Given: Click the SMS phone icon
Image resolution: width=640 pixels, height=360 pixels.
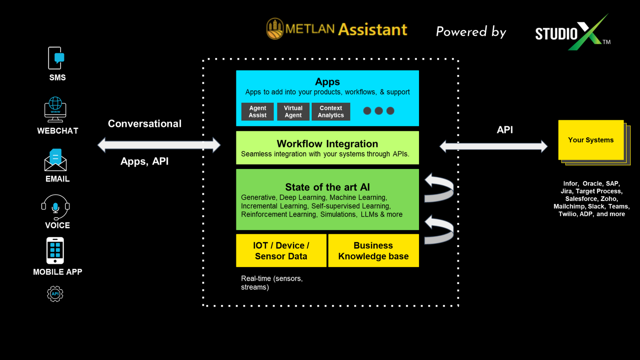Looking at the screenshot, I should [56, 58].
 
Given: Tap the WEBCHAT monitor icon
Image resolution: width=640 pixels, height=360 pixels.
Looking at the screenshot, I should [55, 110].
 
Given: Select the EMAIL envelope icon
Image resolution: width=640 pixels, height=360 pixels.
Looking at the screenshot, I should [55, 160].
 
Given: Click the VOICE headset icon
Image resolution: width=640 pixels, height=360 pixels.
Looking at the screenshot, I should [55, 207].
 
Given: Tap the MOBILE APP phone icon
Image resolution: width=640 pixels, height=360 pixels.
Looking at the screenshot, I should [55, 250].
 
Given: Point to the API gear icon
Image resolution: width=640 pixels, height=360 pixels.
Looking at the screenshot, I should [55, 294].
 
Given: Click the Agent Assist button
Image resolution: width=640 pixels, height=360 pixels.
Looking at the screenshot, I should [257, 112].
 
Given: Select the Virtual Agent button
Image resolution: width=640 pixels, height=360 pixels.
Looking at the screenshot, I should [293, 112].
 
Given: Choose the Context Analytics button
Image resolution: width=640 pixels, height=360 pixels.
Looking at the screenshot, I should [331, 112].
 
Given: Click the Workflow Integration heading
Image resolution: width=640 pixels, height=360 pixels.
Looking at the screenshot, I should [327, 144].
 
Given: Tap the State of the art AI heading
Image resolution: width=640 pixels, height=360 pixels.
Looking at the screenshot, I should [327, 187].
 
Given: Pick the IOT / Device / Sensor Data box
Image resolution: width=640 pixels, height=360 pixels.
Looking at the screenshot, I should [281, 251].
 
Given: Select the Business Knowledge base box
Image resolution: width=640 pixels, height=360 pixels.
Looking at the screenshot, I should [373, 251].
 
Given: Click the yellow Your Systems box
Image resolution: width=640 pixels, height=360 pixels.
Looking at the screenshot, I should [591, 140].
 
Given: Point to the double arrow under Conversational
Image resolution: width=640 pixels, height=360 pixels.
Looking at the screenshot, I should [159, 145].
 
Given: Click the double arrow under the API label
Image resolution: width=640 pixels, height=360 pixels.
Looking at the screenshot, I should [493, 147].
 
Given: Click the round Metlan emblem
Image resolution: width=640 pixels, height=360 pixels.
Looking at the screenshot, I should [275, 29].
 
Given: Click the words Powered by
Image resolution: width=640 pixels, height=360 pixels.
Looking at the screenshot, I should [471, 32].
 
